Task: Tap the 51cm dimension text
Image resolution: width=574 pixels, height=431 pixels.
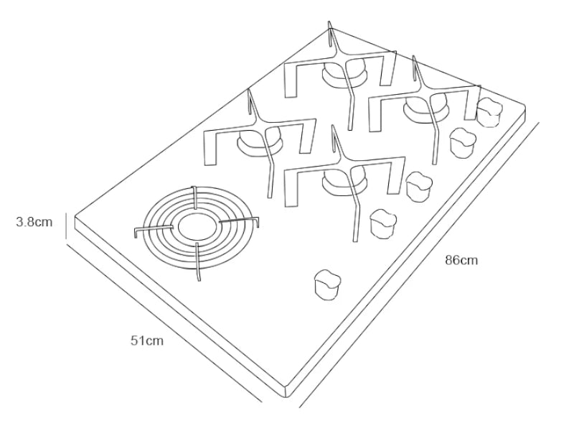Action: click(x=146, y=340)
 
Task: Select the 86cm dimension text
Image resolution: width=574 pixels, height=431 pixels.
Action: click(x=461, y=260)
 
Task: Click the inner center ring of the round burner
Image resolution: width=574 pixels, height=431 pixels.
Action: click(x=195, y=226)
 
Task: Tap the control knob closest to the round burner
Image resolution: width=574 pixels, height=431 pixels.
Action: click(x=329, y=284)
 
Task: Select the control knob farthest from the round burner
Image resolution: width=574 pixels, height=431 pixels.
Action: click(x=490, y=110)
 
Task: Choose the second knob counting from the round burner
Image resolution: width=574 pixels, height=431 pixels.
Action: click(x=383, y=223)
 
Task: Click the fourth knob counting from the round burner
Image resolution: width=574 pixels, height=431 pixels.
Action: click(x=463, y=142)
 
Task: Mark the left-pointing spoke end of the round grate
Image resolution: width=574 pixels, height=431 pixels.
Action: click(x=136, y=231)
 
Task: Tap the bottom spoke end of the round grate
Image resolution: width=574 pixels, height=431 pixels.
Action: click(x=197, y=277)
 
